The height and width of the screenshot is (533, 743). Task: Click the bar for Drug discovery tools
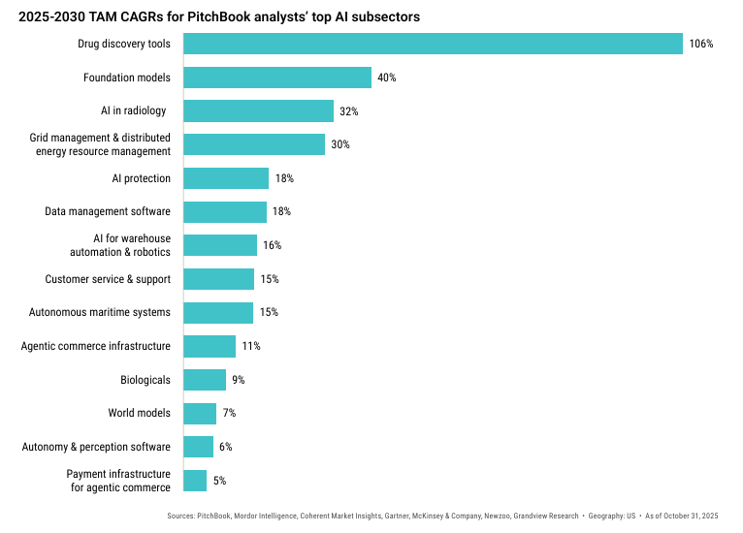433,44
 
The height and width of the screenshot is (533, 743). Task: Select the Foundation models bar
277,78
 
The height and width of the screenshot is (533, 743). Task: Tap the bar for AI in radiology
258,110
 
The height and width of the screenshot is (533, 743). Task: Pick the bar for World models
200,413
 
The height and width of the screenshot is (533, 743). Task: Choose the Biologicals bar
205,380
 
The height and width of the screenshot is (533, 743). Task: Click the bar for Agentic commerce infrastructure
210,346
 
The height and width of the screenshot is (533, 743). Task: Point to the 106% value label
701,44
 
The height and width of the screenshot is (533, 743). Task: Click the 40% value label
387,78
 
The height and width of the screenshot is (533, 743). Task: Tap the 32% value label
349,111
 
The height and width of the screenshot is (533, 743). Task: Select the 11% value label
251,346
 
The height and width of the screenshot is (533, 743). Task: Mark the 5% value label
220,481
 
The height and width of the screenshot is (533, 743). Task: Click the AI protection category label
142,178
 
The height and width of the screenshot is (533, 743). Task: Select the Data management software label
108,211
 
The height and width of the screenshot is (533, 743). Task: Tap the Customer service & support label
108,279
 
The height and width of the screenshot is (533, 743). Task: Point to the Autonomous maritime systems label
101,312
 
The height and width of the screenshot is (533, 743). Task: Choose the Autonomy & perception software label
97,447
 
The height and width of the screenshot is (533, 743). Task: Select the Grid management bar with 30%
254,144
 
